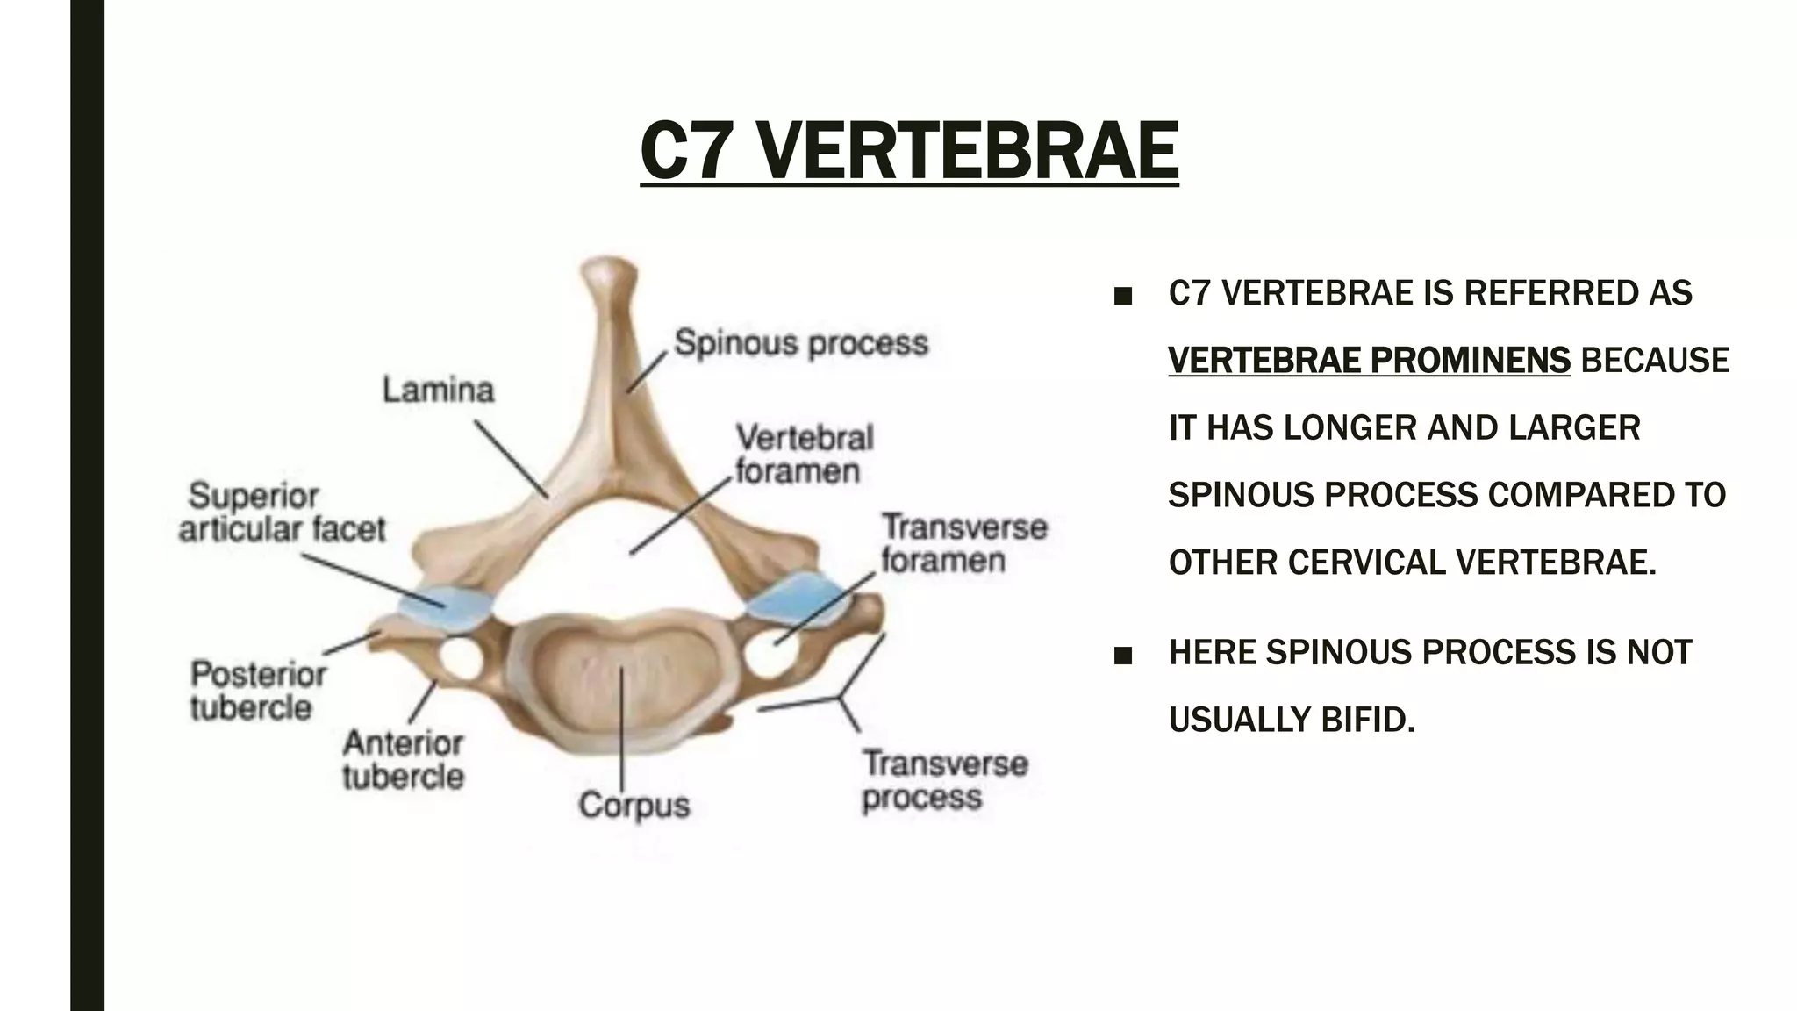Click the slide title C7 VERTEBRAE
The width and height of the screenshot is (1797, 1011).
tap(909, 151)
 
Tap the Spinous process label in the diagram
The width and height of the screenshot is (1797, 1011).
tap(800, 343)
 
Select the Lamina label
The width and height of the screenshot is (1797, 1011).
tap(438, 390)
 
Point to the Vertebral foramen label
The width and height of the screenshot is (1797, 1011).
tap(804, 454)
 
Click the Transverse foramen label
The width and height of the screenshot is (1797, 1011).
tap(963, 543)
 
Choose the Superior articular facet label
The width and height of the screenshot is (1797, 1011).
tap(283, 513)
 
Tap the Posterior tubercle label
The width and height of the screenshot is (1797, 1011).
tap(258, 691)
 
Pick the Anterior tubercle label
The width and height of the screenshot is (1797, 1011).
tap(403, 759)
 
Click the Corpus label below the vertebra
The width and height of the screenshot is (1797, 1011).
tap(634, 805)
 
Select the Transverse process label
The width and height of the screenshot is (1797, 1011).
tap(944, 780)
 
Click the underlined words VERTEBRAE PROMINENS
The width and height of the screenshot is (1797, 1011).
tap(1369, 361)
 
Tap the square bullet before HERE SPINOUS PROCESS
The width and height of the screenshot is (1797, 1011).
tap(1121, 656)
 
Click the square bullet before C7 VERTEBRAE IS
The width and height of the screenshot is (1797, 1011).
tap(1121, 296)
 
